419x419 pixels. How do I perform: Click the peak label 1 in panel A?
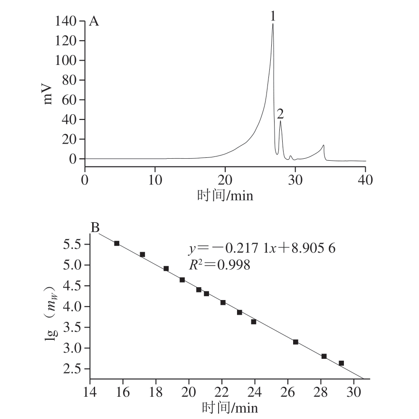[x=273, y=16]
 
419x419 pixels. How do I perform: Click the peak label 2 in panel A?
[x=280, y=113]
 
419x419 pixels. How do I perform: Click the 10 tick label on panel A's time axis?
[x=155, y=180]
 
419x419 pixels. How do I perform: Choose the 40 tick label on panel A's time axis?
[x=365, y=180]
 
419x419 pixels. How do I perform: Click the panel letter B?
[x=95, y=228]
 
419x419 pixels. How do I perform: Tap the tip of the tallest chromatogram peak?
[x=273, y=24]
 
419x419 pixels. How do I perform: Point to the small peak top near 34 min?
[x=324, y=146]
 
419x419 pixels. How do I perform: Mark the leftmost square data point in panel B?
[x=117, y=243]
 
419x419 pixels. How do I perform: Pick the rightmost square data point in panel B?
[x=341, y=363]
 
